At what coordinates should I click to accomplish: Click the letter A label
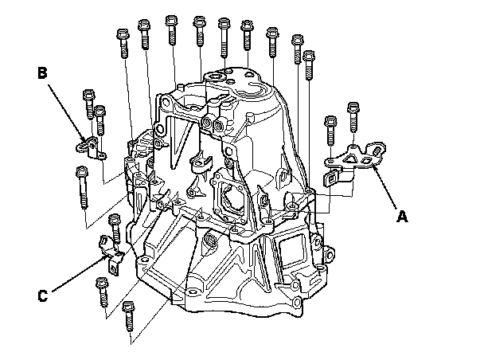pos(403,213)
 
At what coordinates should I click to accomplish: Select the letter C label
pos(44,296)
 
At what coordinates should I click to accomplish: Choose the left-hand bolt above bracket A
pos(329,131)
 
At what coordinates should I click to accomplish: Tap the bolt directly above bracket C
pos(114,229)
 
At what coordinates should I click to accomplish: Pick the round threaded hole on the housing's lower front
pos(212,241)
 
